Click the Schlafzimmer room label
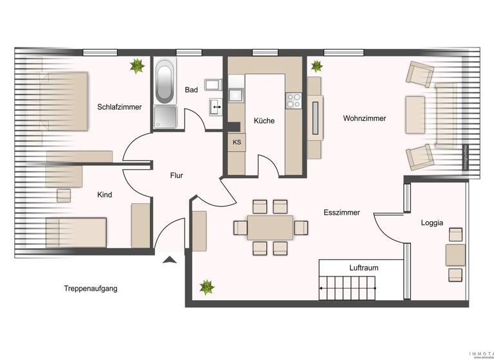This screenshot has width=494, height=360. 120,107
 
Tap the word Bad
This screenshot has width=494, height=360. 191,90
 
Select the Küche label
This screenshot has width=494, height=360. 264,120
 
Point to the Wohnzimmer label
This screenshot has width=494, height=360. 365,118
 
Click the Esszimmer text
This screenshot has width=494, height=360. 342,212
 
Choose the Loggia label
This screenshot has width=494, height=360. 432,223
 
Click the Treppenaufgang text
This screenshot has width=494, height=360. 90,289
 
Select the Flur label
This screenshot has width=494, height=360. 178,175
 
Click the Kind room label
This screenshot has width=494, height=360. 105,194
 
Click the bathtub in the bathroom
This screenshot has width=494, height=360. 165,82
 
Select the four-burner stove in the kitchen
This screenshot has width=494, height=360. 293,100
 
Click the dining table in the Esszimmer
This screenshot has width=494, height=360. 270,227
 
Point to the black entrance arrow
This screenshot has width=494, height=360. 169,260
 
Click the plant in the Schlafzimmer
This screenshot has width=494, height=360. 136,66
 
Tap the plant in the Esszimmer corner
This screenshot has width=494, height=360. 207,287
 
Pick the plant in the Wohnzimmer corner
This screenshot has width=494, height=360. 316,66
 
